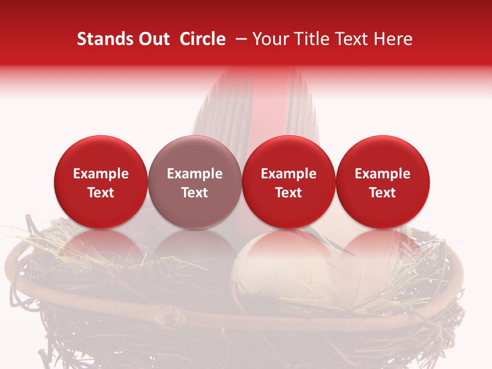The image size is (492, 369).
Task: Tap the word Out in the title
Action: tap(152, 39)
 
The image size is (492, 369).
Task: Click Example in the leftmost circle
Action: tap(100, 174)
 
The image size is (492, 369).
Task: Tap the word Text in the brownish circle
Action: tap(195, 193)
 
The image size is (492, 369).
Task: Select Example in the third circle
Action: tap(289, 174)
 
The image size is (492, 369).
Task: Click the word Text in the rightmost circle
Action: tap(383, 193)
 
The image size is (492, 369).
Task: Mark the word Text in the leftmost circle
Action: tap(100, 193)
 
